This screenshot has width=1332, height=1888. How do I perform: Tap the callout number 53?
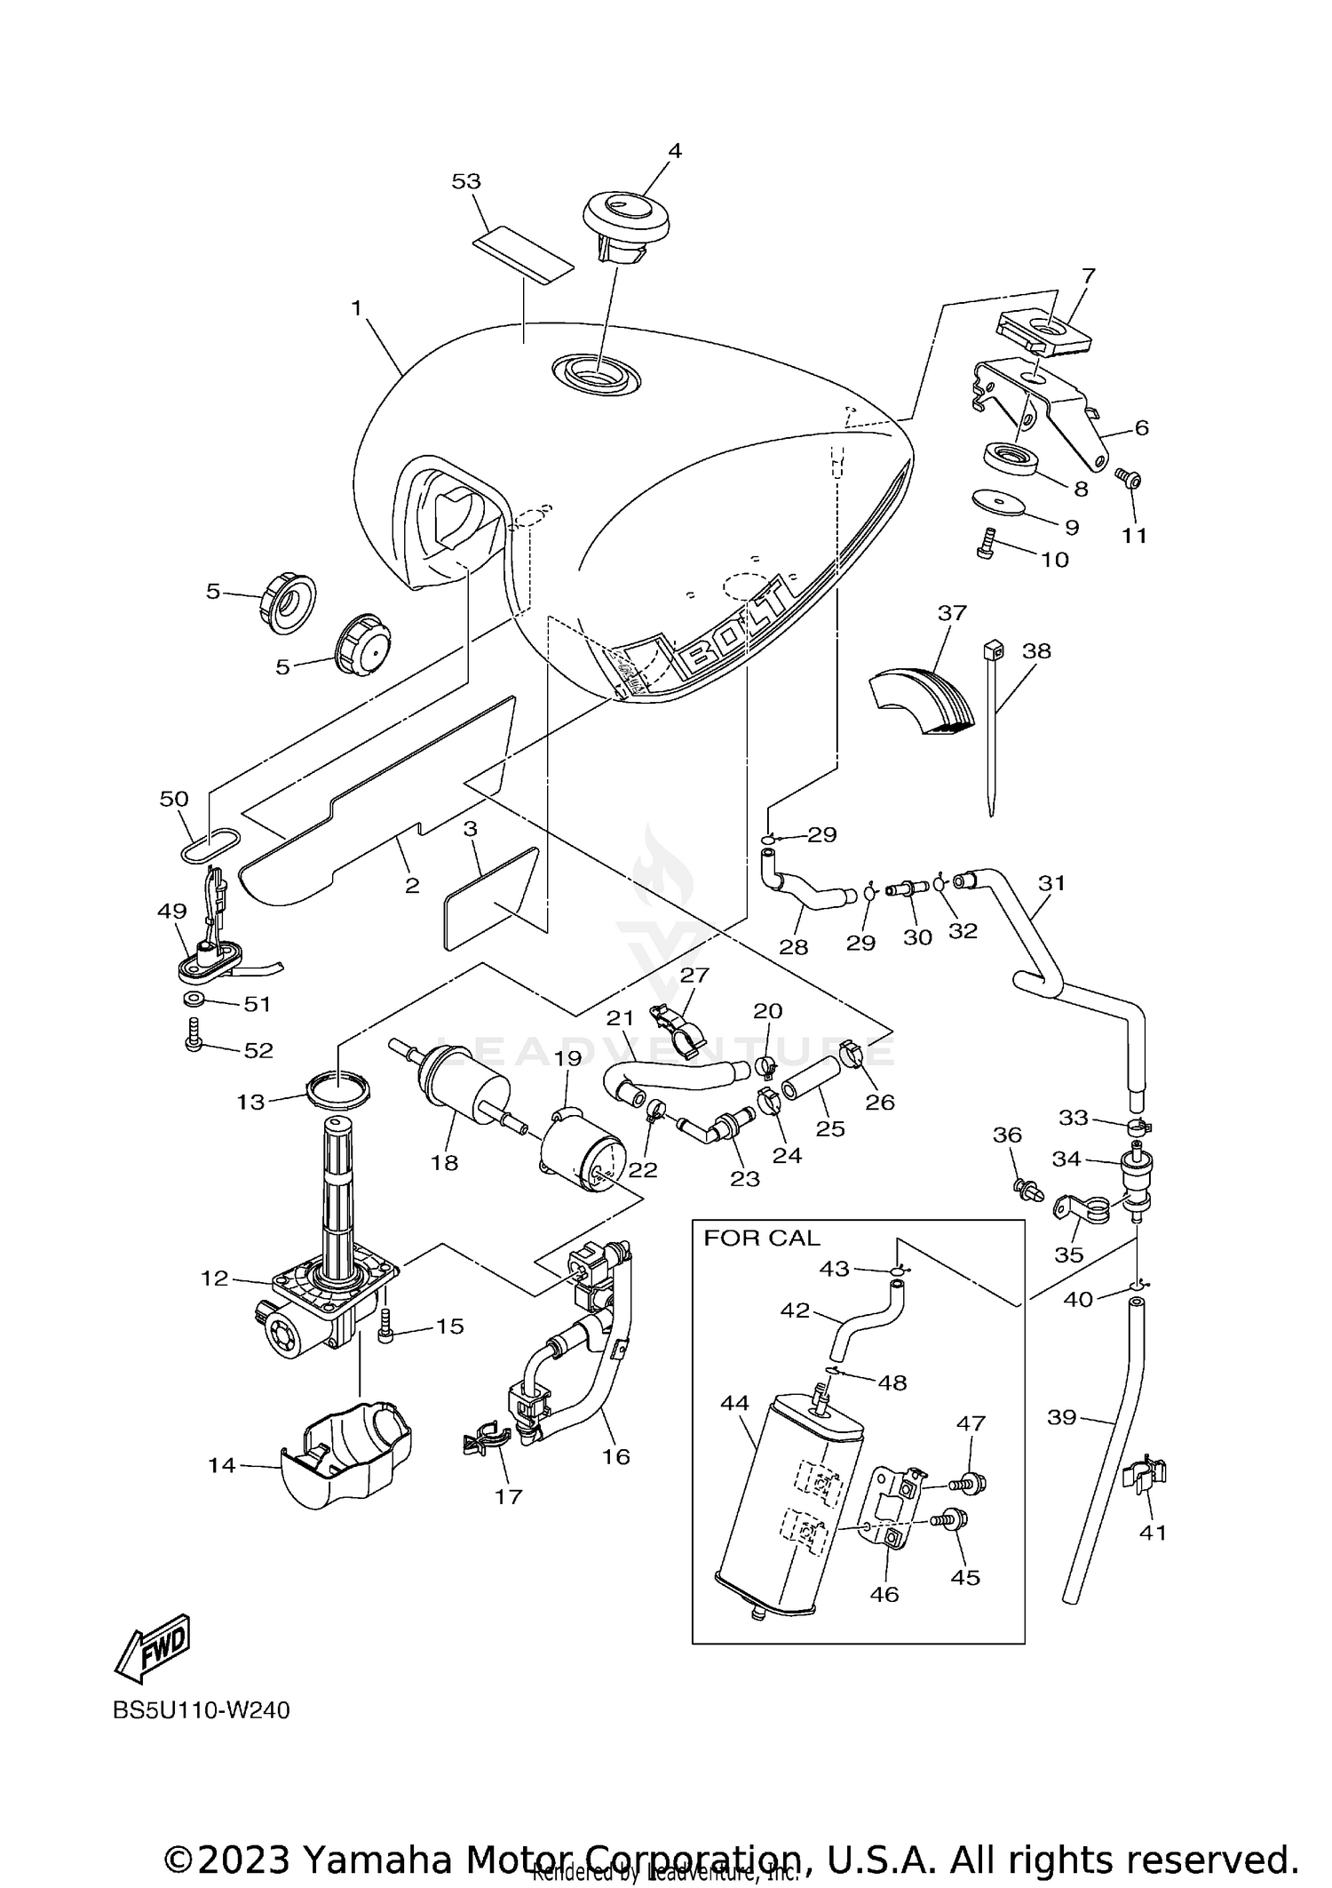pos(466,181)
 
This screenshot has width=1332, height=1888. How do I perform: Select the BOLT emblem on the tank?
pos(737,633)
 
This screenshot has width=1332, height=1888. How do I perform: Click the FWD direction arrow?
pos(153,1648)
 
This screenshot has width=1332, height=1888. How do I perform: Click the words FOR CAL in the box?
pos(761,1238)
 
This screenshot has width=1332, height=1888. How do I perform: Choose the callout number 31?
pos(1051,883)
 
